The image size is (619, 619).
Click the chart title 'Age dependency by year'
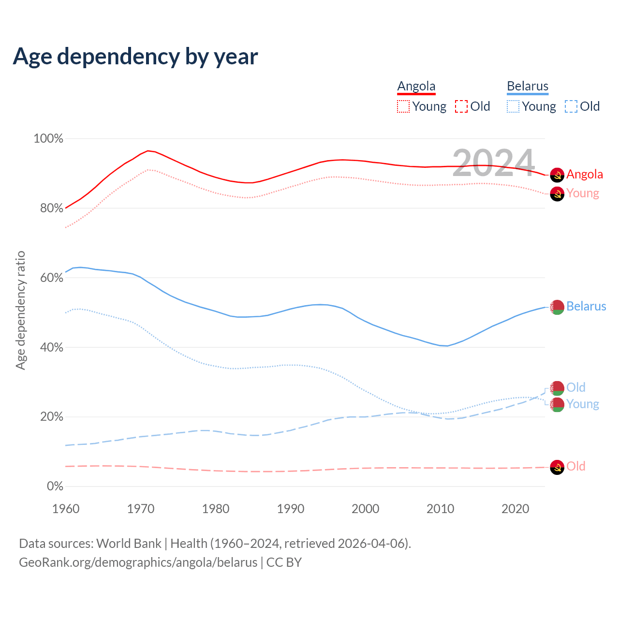(x=135, y=57)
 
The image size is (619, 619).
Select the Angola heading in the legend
(x=416, y=86)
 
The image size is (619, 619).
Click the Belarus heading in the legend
(x=528, y=86)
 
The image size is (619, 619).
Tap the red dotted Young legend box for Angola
(x=403, y=106)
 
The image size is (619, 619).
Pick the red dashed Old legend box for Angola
(x=461, y=106)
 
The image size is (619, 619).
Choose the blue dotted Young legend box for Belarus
(x=513, y=106)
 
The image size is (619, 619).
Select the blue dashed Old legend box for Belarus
(x=571, y=106)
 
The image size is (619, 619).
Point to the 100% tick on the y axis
(x=48, y=139)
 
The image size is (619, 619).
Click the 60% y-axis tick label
(x=51, y=278)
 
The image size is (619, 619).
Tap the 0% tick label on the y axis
(x=55, y=486)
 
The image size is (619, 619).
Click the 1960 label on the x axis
(x=66, y=509)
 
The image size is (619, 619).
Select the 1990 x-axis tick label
(x=291, y=509)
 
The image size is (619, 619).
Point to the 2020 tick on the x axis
(x=516, y=509)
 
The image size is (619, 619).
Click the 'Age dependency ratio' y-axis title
(x=21, y=310)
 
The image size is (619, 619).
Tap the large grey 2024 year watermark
(x=493, y=162)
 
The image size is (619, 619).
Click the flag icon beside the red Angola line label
(x=557, y=175)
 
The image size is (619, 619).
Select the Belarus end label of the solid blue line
(x=586, y=307)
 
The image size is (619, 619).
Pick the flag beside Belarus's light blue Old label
(x=557, y=388)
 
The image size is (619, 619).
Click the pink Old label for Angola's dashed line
(x=576, y=467)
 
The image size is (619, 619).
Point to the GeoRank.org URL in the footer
(x=138, y=562)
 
